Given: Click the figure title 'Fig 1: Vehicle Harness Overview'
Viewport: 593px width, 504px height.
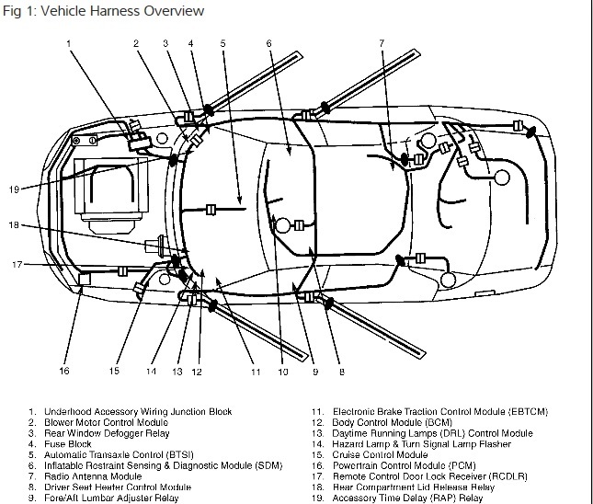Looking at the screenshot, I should [x=102, y=10].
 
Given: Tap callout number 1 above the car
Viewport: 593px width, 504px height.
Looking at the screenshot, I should [x=68, y=43].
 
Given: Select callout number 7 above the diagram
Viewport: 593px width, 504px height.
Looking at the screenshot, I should [x=381, y=43].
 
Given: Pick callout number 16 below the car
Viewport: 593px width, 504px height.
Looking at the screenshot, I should [x=63, y=372].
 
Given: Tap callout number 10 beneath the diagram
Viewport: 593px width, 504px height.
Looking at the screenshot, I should [x=282, y=372].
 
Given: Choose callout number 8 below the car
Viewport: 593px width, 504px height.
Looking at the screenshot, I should [x=340, y=372].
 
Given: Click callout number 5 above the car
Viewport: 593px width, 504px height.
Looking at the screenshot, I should [x=222, y=43].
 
